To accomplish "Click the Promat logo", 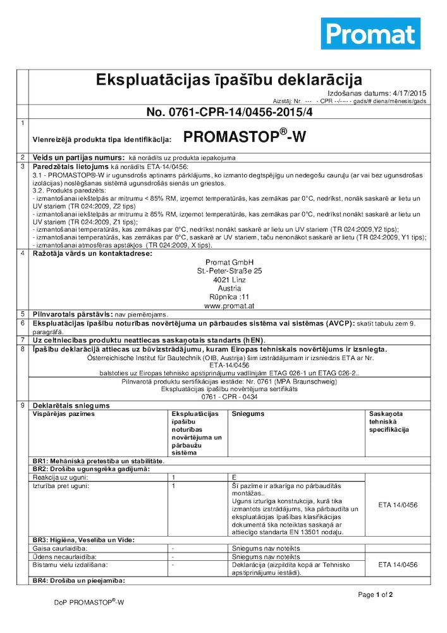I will point(370,34).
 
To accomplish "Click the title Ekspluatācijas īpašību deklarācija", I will point(228,80).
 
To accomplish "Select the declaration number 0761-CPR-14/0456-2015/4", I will point(230,112).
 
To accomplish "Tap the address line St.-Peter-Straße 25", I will point(229,271).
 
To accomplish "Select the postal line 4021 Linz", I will point(229,279).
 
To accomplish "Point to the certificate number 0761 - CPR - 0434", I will point(229,396).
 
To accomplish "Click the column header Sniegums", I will point(248,413).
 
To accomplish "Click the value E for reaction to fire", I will point(234,476).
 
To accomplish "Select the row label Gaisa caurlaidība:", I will point(59,548).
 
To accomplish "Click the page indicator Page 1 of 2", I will point(376,594).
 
